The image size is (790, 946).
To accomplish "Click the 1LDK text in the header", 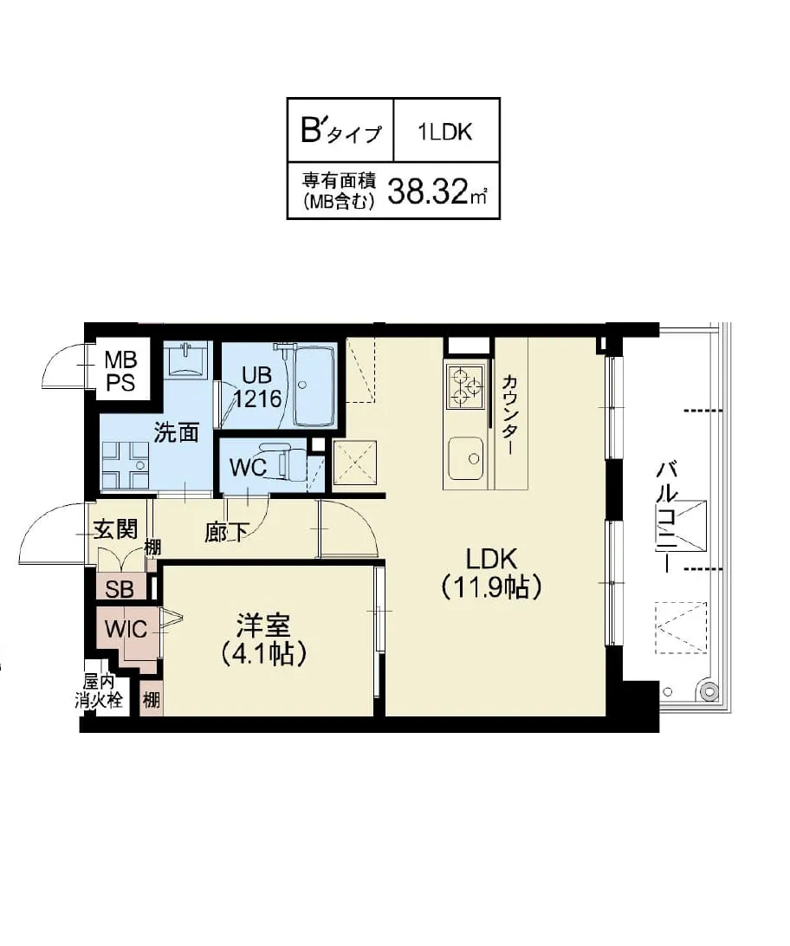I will coord(445,132).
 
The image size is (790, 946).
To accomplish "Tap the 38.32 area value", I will coord(428,191).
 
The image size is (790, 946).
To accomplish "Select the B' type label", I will coord(340,132).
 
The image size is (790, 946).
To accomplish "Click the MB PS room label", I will coord(120,371).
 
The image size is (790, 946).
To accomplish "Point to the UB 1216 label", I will coord(261,387).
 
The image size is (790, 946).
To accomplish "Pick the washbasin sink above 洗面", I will coord(185,359).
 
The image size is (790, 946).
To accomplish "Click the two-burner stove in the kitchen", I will coord(464,386).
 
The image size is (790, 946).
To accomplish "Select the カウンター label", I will coord(509,416).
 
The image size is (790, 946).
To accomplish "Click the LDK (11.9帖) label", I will coord(492,573).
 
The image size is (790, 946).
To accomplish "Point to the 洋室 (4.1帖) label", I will coord(264,638).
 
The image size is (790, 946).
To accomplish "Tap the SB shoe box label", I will coord(120,589).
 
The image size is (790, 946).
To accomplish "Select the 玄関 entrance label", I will coord(116,528).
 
